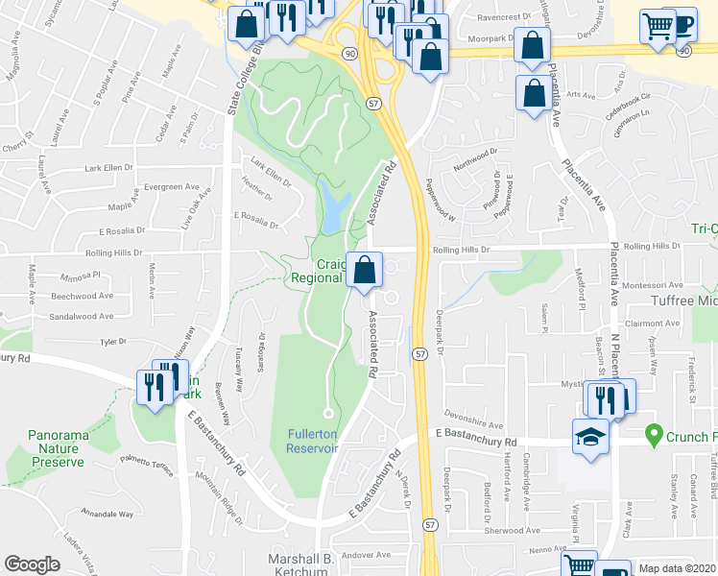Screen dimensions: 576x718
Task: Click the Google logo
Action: click(32, 564)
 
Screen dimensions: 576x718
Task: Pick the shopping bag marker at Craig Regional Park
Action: click(365, 270)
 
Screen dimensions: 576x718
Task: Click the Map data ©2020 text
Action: click(677, 568)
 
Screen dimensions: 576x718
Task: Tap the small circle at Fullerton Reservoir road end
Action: click(327, 414)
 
